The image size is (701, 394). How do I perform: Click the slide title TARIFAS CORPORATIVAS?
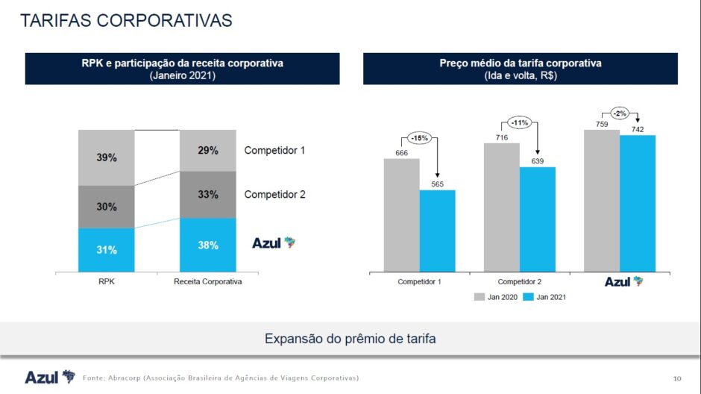tap(126, 20)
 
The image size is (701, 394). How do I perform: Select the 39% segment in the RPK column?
tap(107, 157)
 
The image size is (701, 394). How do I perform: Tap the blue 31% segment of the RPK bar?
tap(107, 250)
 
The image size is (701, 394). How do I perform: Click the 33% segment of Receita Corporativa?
tap(208, 195)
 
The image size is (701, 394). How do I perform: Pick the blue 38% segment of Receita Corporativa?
tap(208, 245)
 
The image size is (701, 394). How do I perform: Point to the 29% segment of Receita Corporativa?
tap(208, 151)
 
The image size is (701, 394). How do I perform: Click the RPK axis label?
tap(107, 282)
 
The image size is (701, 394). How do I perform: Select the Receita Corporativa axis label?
tap(208, 282)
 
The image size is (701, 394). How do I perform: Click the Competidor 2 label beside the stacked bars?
tap(275, 195)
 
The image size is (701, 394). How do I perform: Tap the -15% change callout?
tap(419, 138)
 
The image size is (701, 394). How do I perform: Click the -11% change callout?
tap(519, 122)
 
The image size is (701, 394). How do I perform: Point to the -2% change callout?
tap(620, 113)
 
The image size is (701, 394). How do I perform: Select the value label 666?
tap(401, 152)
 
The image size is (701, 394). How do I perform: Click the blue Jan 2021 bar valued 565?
tap(437, 231)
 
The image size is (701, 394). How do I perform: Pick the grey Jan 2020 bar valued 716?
tap(501, 207)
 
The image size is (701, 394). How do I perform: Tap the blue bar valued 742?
tap(638, 203)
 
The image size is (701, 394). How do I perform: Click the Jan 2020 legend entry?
tap(493, 297)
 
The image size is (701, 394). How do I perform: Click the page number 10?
tap(677, 377)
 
